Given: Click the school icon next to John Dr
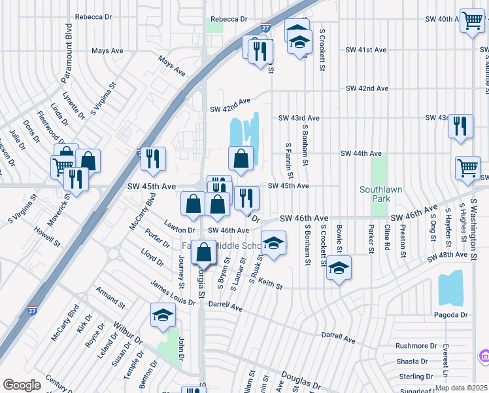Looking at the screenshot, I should [163, 316].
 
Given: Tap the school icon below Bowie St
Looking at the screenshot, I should [339, 268].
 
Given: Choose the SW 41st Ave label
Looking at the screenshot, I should [366, 50].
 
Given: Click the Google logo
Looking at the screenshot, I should [22, 385].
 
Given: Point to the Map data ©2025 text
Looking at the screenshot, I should [460, 388].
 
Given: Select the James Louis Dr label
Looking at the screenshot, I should [172, 289].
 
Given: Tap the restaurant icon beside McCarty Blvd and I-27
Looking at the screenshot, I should [153, 159].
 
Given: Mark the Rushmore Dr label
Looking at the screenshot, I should [416, 346].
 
